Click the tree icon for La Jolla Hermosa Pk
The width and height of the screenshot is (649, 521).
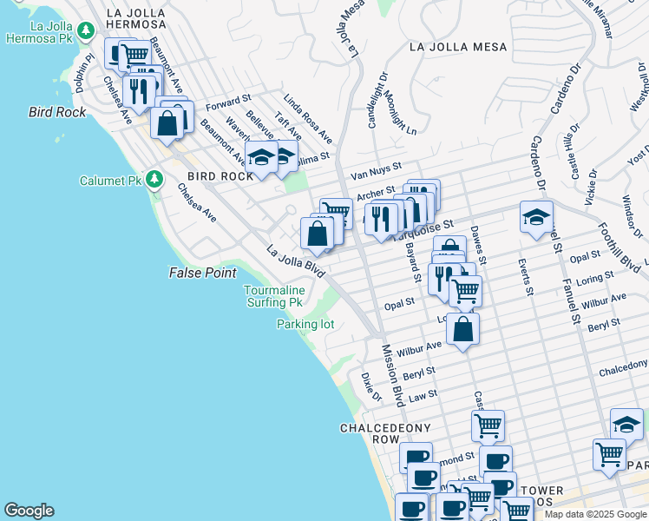coord(85,31)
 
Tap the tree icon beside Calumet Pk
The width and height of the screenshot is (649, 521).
coord(154,180)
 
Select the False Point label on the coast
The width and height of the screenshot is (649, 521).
coord(202,273)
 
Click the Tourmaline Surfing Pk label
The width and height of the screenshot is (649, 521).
coord(273,296)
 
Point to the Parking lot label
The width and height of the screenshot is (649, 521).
coord(305,324)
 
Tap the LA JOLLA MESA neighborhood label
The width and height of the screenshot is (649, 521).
coord(453,46)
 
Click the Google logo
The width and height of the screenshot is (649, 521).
coord(29,511)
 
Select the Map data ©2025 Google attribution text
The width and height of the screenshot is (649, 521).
coord(595,514)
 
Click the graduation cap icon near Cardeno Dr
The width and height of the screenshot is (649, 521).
coord(537,216)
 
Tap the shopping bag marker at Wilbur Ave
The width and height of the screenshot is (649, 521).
coord(463,329)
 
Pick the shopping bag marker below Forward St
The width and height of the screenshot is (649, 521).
coord(167,122)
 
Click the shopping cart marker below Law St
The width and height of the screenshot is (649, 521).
coord(488,425)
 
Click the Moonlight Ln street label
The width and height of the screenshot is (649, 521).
coord(401,113)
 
